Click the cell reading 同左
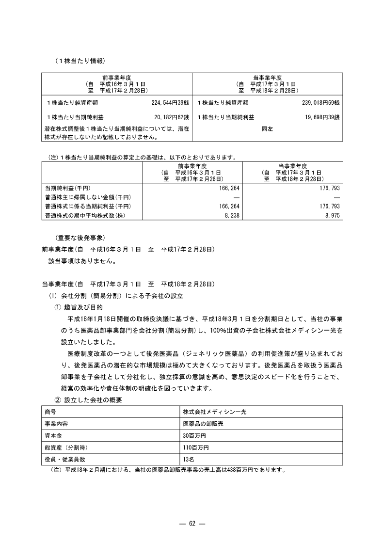point(267,130)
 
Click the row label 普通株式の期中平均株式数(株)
point(85,215)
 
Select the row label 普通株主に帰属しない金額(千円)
point(88,197)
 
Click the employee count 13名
point(188,459)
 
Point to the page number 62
point(191,523)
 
